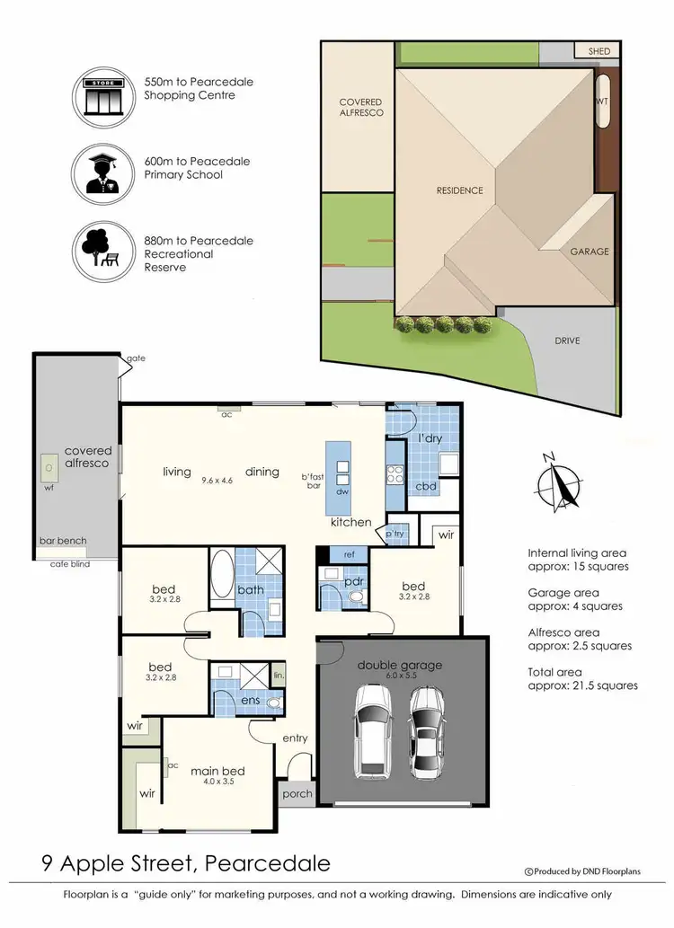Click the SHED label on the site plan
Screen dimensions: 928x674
pyautogui.click(x=599, y=51)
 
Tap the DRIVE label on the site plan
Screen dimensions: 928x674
pyautogui.click(x=567, y=340)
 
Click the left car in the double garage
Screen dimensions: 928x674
pyautogui.click(x=372, y=729)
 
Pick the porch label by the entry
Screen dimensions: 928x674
pyautogui.click(x=297, y=793)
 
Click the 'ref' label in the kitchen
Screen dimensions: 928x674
pyautogui.click(x=349, y=554)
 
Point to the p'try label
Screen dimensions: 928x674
pyautogui.click(x=395, y=534)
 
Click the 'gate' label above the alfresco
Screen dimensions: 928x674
pyautogui.click(x=136, y=358)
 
